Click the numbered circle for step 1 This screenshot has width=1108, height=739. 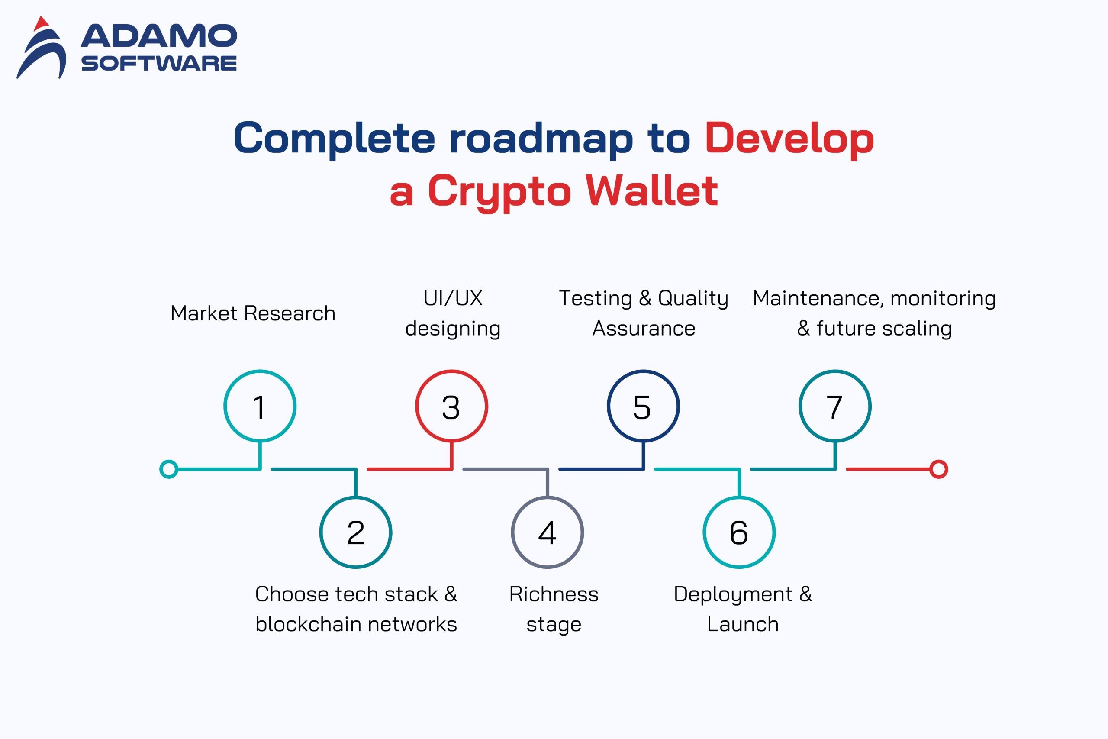[x=260, y=371]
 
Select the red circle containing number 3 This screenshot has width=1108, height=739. [x=451, y=371]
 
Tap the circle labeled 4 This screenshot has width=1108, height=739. [x=548, y=498]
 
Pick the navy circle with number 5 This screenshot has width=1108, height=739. [x=643, y=371]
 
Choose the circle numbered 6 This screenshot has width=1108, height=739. [x=739, y=498]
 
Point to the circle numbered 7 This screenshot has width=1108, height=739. [x=835, y=371]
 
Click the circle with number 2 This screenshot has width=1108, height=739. [x=356, y=498]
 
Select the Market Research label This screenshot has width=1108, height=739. [x=253, y=313]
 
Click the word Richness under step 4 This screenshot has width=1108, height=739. [x=554, y=594]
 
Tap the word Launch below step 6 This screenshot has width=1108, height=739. [x=743, y=624]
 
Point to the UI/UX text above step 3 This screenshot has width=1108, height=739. [x=453, y=298]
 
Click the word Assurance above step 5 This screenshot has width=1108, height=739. [x=644, y=329]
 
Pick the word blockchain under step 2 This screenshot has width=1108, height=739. [x=308, y=624]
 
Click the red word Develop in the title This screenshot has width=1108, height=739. [x=789, y=138]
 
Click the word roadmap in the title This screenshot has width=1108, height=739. [x=541, y=138]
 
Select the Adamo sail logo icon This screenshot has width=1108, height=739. [x=42, y=47]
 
